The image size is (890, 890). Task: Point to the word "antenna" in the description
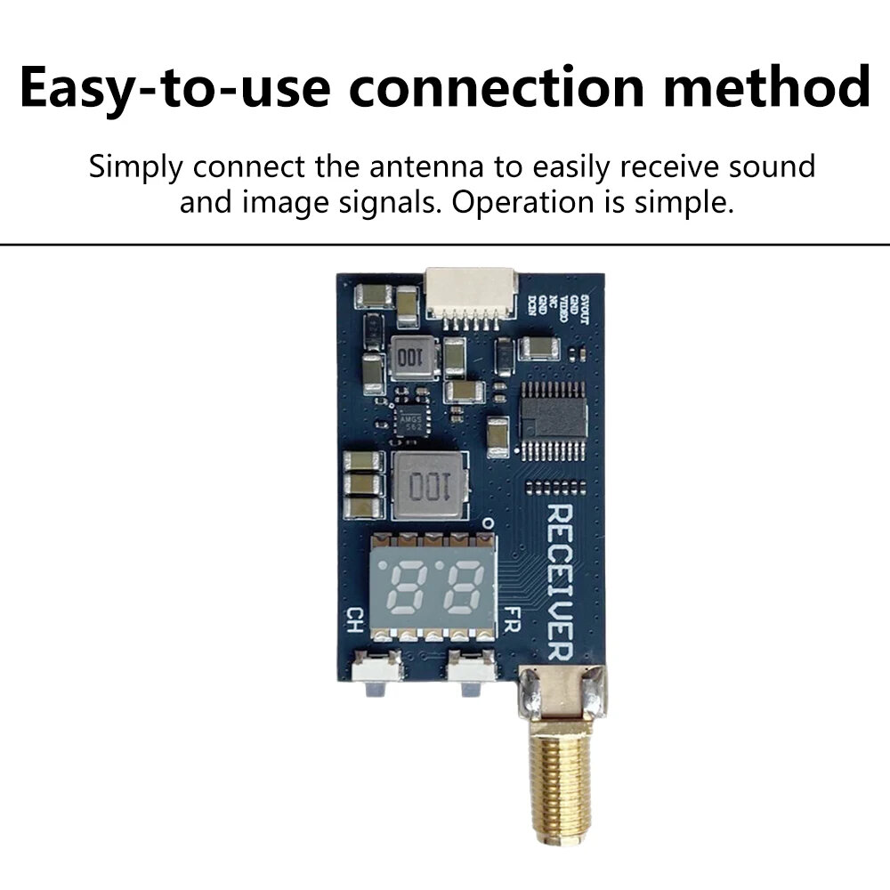coord(467,166)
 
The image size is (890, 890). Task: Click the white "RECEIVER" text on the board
coord(557,582)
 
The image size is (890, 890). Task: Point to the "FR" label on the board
coord(513,619)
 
